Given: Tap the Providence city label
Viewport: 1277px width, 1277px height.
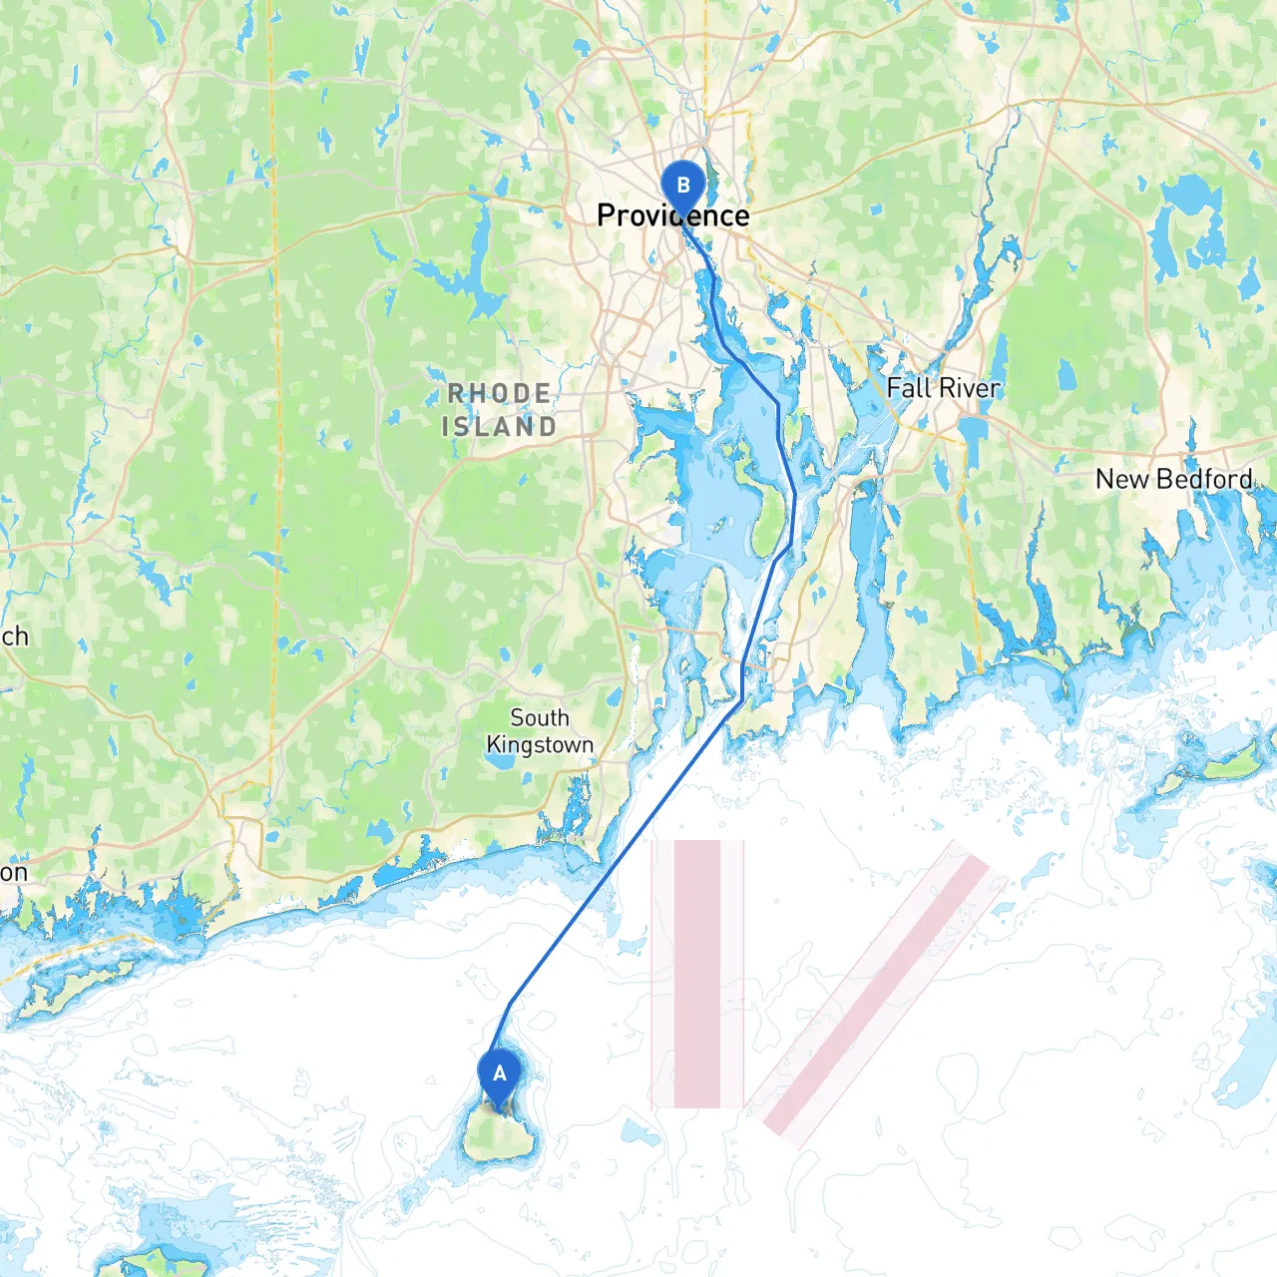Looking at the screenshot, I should pos(672,215).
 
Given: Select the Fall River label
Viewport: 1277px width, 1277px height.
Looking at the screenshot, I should pos(943,388).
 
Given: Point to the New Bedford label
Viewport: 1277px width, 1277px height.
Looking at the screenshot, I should pos(1173,480).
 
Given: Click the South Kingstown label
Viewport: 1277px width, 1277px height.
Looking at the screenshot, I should pos(540,731).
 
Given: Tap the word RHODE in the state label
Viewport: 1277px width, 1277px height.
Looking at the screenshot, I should pos(499,394).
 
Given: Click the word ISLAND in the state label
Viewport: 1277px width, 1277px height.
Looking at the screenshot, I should pos(499,427).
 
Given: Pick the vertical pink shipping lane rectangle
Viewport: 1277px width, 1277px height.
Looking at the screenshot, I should pos(697,974).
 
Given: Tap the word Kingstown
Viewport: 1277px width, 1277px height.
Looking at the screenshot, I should pos(540,745).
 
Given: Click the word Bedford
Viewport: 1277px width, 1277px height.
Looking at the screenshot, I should pos(1205,480).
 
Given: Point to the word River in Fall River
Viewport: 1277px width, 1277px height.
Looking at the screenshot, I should pos(969,388).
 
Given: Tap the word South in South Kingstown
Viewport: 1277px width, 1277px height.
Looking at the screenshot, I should pos(540,718).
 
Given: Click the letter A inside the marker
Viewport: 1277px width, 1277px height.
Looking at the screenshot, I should pos(500,1073).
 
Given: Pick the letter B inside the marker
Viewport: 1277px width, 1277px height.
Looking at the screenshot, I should pos(683,185).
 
